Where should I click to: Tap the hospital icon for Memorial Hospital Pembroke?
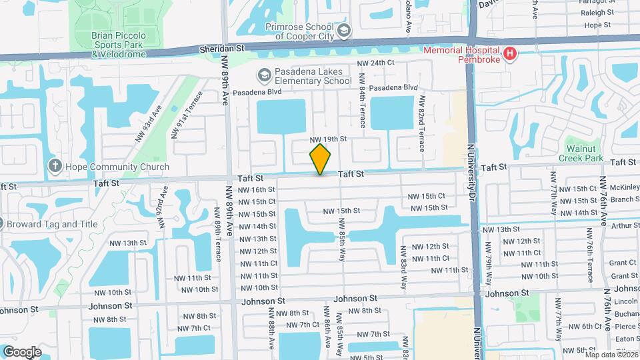(510, 53)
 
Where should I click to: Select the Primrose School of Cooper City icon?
(343, 30)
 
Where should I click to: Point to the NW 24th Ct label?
(376, 63)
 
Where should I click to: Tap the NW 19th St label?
(329, 139)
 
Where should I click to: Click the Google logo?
(22, 351)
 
